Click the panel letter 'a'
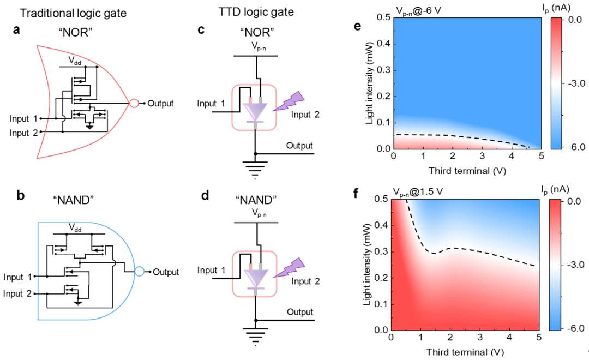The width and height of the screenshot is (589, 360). [x=16, y=29]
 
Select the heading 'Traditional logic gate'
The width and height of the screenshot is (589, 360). [x=73, y=13]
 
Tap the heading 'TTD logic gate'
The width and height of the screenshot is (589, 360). [x=256, y=12]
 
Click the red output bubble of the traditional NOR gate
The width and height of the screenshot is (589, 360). [x=134, y=103]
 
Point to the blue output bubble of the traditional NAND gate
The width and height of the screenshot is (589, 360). [x=140, y=271]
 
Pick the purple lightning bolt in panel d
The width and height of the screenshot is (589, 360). [x=289, y=268]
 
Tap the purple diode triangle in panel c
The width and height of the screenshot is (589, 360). [x=255, y=111]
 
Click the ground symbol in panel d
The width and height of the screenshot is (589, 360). [x=256, y=334]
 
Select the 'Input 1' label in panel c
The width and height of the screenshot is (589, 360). [x=211, y=103]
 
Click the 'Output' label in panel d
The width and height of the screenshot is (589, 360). [x=300, y=312]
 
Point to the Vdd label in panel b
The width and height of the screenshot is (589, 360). [x=75, y=227]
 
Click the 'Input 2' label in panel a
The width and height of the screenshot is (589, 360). [x=23, y=133]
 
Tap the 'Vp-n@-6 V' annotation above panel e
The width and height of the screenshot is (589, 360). [x=418, y=11]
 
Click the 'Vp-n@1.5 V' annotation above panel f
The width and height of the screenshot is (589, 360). [x=418, y=192]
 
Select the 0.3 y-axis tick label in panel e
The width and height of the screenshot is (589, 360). [x=383, y=70]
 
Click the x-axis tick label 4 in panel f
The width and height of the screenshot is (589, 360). [x=509, y=337]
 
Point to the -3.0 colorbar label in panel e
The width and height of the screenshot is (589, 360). [x=576, y=83]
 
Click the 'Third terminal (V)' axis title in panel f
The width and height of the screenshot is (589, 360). [x=465, y=352]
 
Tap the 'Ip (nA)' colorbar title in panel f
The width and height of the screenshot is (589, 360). [x=556, y=189]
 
